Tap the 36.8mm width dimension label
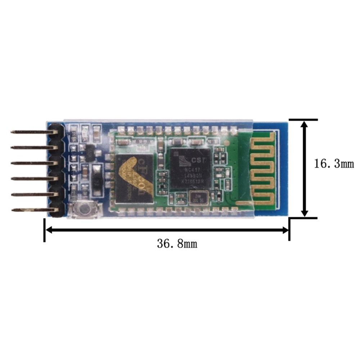coord(177,244)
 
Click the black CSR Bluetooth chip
coord(189,167)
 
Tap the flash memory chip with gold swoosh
coord(134,179)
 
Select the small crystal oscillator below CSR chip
coord(198,198)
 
